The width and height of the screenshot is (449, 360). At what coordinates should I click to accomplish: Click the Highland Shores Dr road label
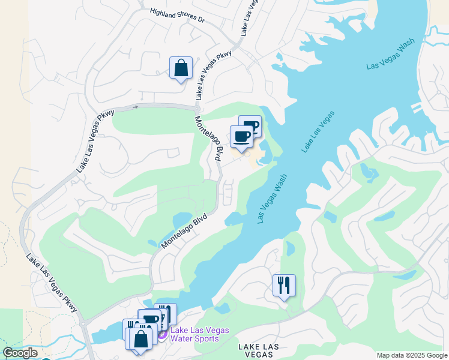177,16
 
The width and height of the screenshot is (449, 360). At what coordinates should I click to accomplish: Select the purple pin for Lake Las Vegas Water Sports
162,334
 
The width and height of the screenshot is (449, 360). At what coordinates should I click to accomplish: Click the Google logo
20,353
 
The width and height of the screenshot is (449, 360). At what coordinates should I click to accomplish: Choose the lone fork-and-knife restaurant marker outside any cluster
284,285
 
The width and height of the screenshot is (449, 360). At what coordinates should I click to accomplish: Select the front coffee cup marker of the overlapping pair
241,137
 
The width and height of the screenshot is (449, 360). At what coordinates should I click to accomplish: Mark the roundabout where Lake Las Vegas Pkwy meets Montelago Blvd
197,108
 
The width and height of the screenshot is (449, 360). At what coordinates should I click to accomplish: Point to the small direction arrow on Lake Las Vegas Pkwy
136,107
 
